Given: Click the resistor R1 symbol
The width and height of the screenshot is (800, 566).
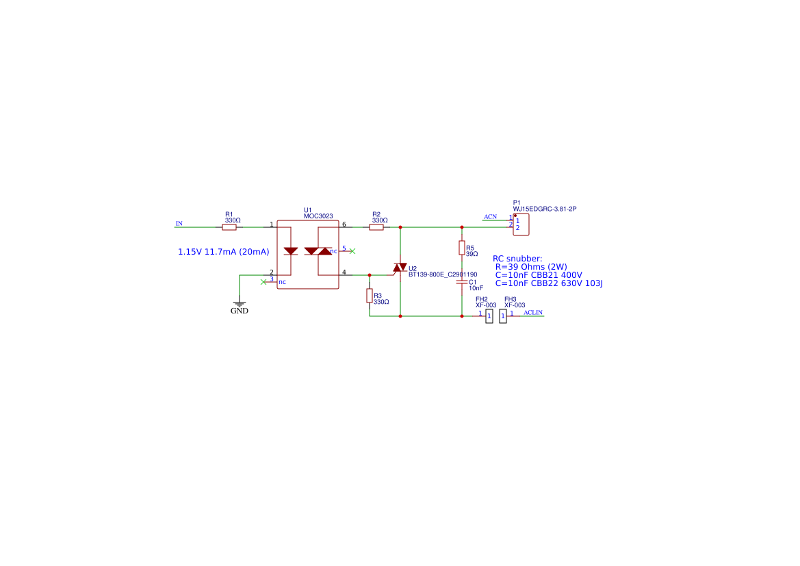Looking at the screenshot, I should (229, 227).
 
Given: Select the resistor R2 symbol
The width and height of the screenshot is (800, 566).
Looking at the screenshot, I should (376, 227).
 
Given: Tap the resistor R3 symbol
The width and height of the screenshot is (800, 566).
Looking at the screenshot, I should (370, 296).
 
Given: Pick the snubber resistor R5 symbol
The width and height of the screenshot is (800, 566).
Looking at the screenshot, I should (462, 248).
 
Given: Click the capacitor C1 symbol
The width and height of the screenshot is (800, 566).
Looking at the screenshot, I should (462, 281).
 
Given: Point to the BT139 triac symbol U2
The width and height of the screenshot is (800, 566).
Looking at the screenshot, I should (400, 268).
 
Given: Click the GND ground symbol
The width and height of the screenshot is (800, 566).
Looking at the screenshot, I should (240, 303).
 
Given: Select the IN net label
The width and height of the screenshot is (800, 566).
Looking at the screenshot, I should (179, 224).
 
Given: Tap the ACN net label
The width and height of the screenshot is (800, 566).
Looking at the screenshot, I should (490, 217).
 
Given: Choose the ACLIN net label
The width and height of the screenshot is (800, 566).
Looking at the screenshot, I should (532, 313).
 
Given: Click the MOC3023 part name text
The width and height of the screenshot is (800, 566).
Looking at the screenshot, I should (318, 216).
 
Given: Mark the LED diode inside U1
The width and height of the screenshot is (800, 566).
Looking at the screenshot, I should (290, 251).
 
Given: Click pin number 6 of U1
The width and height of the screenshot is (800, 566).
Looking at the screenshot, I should (344, 224).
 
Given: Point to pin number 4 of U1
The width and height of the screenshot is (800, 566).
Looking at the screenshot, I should (344, 272).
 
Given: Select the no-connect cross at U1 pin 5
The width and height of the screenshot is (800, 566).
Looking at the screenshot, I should (352, 251).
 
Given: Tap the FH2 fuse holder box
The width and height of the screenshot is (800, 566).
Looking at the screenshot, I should (489, 316).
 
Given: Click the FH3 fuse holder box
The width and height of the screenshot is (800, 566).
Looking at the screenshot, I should (503, 316).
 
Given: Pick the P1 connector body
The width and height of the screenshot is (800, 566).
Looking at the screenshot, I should (521, 224).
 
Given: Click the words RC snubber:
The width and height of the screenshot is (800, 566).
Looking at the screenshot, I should (517, 258).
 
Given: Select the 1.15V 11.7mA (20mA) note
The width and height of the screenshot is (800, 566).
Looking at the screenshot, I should (224, 252).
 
